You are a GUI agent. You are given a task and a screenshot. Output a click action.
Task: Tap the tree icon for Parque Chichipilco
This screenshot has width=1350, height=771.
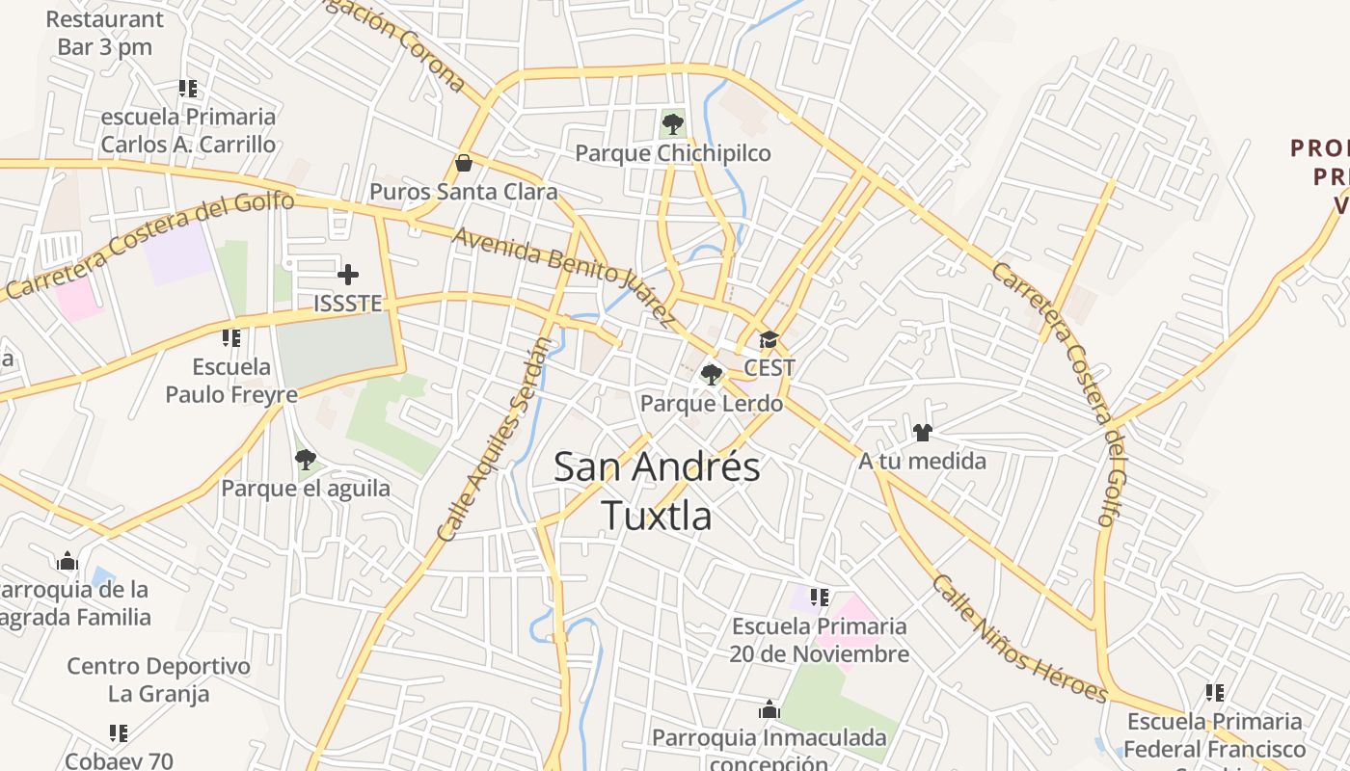click(x=673, y=123)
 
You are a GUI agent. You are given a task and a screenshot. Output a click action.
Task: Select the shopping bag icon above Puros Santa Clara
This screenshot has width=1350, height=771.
click(x=464, y=162)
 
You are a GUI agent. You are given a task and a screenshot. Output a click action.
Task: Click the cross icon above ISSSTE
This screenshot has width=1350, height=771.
click(x=348, y=275)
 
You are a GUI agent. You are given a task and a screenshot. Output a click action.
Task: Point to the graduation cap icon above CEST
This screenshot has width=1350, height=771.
click(x=769, y=339)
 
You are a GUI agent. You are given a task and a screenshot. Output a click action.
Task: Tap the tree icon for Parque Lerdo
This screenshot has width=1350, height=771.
click(x=712, y=374)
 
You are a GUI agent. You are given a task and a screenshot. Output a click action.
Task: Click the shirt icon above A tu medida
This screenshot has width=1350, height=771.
click(x=923, y=433)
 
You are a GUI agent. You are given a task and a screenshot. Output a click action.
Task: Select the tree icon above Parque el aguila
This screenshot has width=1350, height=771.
click(x=306, y=459)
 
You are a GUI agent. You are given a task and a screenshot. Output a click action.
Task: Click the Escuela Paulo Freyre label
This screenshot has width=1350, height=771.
click(x=231, y=381)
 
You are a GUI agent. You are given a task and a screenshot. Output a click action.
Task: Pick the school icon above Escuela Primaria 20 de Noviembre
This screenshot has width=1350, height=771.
click(x=820, y=598)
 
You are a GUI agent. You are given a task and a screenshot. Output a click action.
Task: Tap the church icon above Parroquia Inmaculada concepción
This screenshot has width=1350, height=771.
click(x=769, y=710)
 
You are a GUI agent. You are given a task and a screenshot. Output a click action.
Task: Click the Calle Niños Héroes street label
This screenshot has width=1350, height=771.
click(x=1019, y=638)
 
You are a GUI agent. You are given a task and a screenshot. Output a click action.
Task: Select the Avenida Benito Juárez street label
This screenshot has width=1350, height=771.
click(x=563, y=277)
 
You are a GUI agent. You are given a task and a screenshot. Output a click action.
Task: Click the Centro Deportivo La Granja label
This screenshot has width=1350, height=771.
click(x=158, y=679)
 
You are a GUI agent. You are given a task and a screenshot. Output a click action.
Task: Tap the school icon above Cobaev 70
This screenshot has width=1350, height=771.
click(x=119, y=733)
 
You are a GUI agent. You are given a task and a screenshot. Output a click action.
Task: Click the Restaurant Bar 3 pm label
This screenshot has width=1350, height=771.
click(x=104, y=33)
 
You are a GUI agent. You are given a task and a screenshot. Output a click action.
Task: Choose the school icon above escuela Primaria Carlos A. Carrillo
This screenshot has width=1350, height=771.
click(x=188, y=89)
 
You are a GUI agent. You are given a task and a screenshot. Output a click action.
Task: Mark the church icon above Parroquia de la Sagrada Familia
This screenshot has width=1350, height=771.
click(x=67, y=561)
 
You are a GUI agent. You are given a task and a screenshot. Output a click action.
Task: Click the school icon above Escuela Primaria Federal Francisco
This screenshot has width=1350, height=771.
click(x=1215, y=693)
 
